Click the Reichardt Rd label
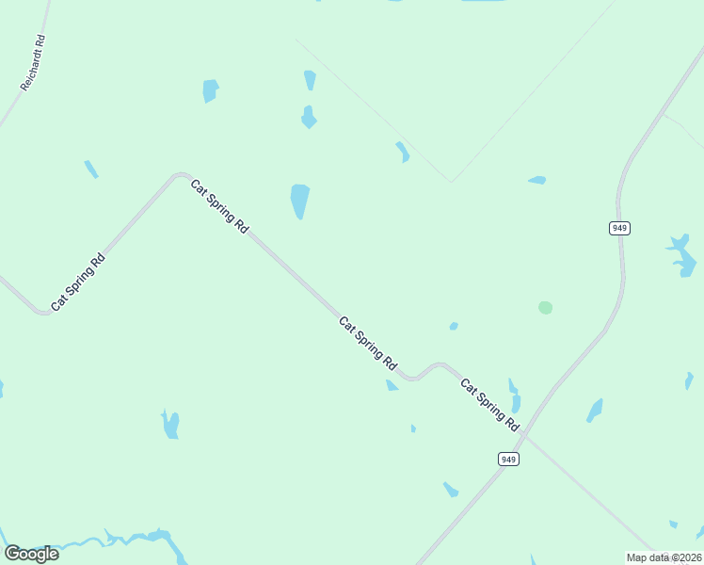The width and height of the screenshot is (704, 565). point(33,63)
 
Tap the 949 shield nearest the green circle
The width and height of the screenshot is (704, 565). point(618,228)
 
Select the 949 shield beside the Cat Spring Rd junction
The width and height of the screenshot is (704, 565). point(508,459)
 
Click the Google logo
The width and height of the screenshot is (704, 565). point(31,554)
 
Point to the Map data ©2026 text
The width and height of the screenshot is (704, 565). point(664,557)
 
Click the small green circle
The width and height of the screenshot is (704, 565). point(545,307)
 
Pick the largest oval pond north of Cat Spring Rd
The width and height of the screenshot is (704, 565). point(299,200)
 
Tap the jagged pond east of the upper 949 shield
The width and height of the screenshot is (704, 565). point(681,254)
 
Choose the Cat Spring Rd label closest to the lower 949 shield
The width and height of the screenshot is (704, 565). point(489,405)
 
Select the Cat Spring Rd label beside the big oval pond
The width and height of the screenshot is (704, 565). point(219,206)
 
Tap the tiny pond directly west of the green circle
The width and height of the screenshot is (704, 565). point(454,326)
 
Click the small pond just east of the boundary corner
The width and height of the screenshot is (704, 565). point(537,179)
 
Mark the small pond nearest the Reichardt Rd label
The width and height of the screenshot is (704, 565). point(90,169)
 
